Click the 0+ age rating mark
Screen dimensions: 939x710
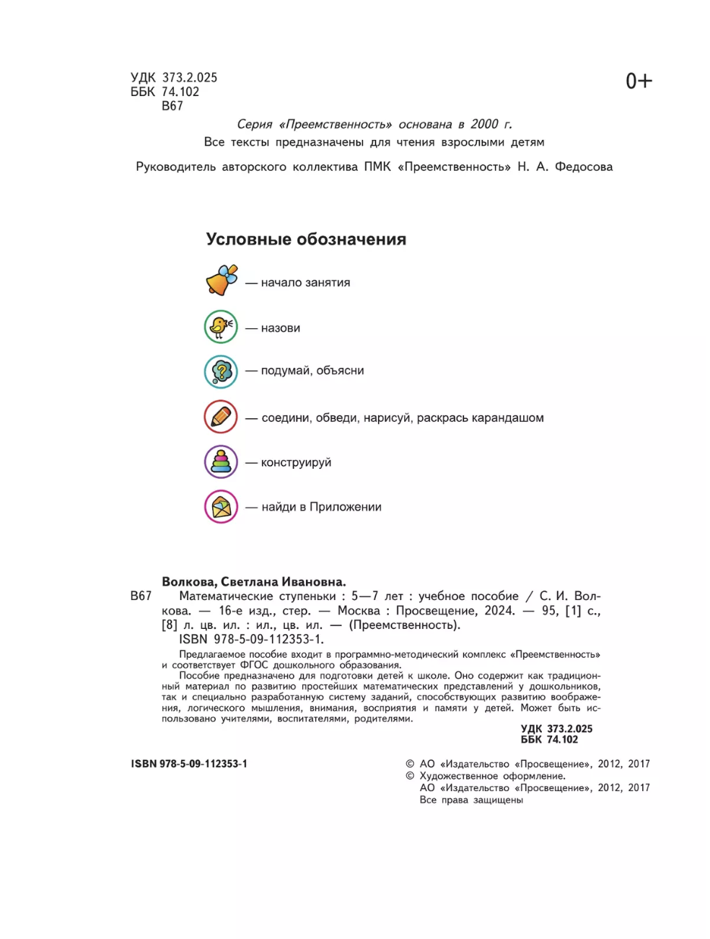click(639, 81)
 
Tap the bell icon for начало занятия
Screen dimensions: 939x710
click(221, 281)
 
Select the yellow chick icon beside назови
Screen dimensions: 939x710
click(220, 327)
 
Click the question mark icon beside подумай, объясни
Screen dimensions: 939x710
click(221, 372)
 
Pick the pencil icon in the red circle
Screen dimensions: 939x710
click(221, 417)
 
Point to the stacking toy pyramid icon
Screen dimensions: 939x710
click(221, 462)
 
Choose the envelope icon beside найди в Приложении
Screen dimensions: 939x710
click(221, 507)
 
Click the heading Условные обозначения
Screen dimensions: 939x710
click(306, 239)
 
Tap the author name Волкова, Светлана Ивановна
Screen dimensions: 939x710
click(254, 582)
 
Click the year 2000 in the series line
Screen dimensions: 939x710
click(484, 124)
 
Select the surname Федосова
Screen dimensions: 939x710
click(584, 167)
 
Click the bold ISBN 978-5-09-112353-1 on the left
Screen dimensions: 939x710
click(189, 764)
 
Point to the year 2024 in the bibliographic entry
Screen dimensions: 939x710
click(499, 611)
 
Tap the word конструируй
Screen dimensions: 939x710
click(296, 462)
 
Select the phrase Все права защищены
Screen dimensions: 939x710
click(471, 800)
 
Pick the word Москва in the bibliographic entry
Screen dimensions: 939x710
click(359, 611)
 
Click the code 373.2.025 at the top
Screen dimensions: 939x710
click(190, 77)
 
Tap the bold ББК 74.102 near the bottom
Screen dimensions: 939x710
click(549, 739)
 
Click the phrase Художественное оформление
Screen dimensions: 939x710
click(492, 776)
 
